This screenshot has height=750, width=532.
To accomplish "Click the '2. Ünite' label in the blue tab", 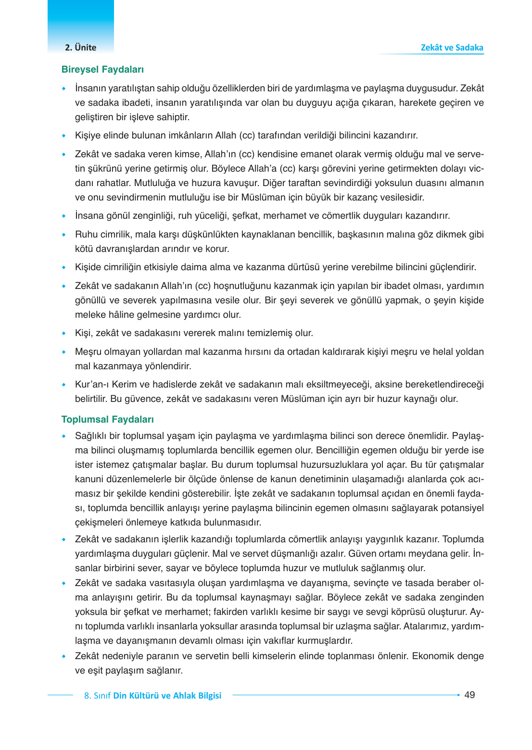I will click(x=80, y=48).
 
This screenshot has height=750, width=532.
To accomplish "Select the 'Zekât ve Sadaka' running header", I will click(x=452, y=48).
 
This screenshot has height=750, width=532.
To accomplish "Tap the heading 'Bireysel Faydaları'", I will click(x=102, y=70).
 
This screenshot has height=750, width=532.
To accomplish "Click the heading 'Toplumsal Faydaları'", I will click(x=107, y=419).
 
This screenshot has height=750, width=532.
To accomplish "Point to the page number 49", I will click(x=469, y=695).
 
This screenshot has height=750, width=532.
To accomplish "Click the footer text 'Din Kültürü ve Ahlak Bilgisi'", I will click(x=167, y=696).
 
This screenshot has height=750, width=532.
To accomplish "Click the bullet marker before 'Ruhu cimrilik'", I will click(x=63, y=235).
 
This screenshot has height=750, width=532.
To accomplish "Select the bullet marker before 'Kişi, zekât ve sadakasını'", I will click(x=63, y=334).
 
